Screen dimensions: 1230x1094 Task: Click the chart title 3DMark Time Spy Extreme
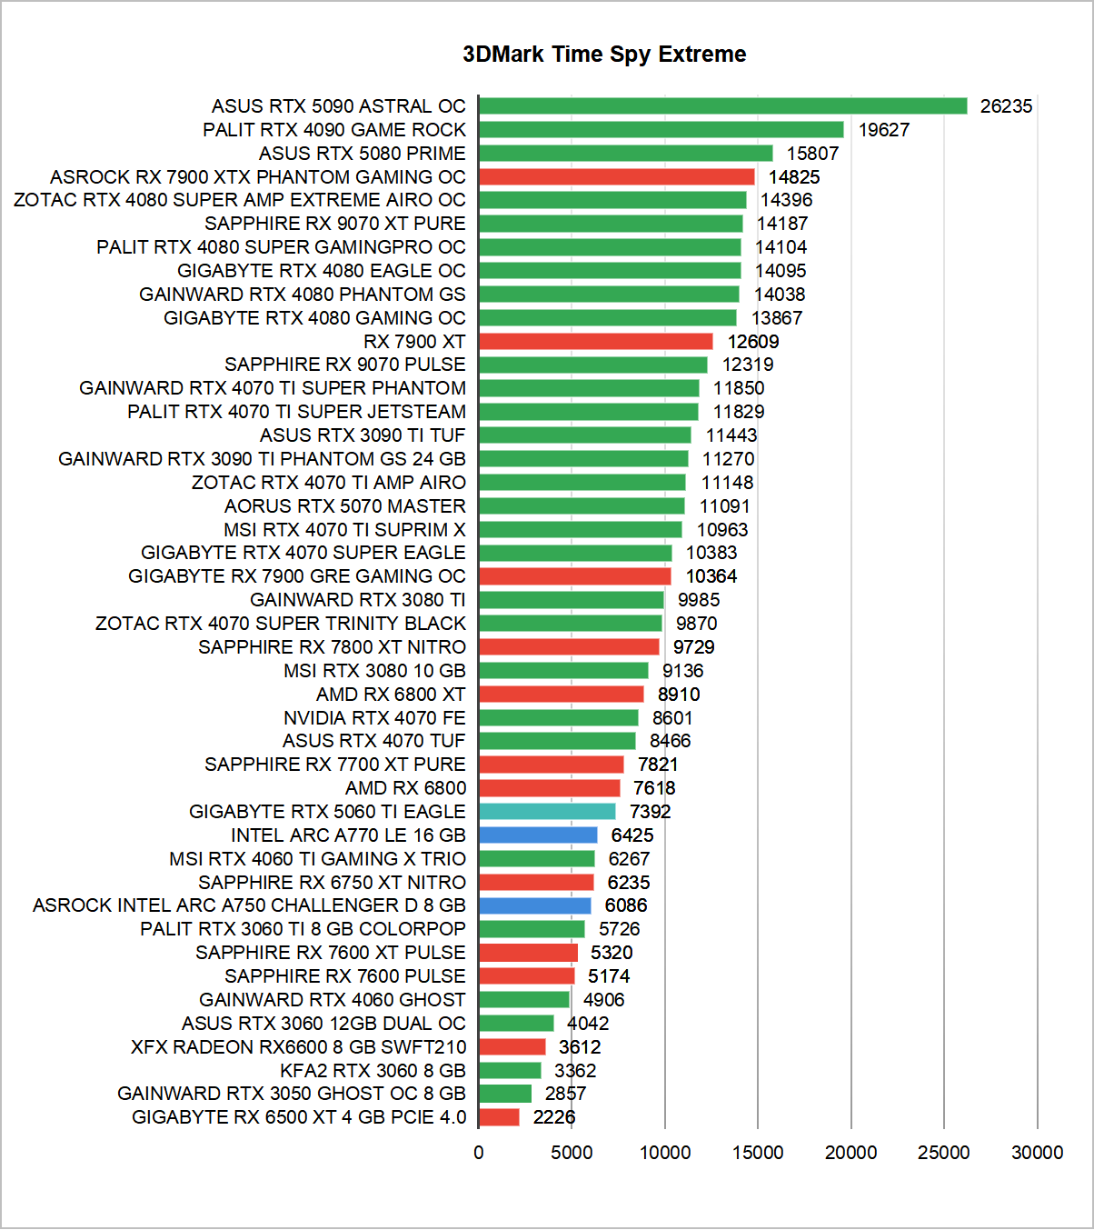604,55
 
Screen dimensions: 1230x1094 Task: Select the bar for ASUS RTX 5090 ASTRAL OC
722,106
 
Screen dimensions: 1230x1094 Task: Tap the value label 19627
883,130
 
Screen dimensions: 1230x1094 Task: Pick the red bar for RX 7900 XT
595,342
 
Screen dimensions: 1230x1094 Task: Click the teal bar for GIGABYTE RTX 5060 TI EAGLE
547,812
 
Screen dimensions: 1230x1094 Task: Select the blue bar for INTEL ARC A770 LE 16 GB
538,835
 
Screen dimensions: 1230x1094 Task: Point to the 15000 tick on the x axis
758,1153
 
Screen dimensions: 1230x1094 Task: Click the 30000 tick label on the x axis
1037,1153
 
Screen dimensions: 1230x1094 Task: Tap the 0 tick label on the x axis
479,1153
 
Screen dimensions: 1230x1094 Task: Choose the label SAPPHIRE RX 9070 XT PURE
334,224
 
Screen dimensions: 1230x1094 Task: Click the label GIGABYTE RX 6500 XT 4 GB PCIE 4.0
299,1117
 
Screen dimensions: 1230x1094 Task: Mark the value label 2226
554,1117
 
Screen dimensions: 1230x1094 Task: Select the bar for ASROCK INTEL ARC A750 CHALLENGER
534,905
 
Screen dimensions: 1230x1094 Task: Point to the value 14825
794,177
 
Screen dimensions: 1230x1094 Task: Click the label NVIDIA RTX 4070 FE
374,718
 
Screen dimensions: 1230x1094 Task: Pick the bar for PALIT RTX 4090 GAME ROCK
661,130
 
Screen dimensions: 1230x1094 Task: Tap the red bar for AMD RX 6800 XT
561,695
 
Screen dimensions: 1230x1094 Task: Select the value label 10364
711,576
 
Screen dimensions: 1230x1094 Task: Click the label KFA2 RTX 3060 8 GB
373,1071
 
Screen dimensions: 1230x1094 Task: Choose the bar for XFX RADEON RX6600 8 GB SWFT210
512,1047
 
